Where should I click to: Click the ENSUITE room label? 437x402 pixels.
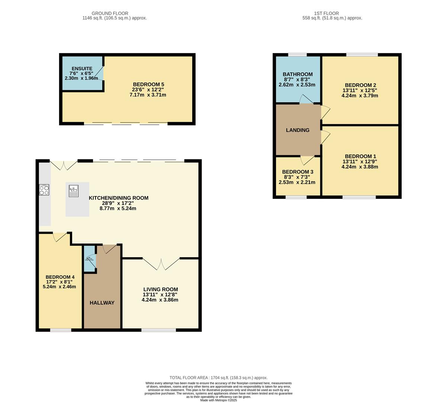[81, 69]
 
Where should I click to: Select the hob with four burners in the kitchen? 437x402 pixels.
[44, 190]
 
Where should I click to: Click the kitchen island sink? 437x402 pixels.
[73, 191]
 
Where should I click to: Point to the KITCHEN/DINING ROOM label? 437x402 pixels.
[118, 198]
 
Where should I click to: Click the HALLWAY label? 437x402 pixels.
[102, 303]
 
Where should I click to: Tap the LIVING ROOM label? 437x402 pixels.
[160, 289]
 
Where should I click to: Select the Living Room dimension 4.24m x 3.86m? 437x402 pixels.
[160, 300]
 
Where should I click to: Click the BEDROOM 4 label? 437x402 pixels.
[60, 277]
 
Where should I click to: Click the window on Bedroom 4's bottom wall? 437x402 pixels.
[61, 330]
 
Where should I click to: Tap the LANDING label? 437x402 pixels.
[298, 130]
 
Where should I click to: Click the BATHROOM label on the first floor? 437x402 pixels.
[298, 74]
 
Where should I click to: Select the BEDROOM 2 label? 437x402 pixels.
[360, 85]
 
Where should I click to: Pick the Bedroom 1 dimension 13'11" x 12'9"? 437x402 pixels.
[360, 162]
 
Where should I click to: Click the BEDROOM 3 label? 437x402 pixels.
[298, 172]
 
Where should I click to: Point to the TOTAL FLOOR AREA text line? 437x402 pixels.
[218, 377]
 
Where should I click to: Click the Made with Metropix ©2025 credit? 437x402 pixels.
[218, 400]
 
